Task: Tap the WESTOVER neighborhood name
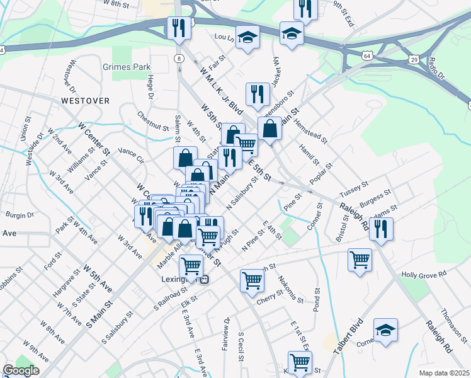pos(86,101)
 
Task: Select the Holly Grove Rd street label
pos(424,274)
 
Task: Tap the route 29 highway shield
pos(414,59)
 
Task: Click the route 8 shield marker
pos(180,59)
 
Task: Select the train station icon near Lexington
pos(203,280)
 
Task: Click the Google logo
pos(21,370)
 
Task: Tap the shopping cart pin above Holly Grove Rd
pos(360,258)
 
